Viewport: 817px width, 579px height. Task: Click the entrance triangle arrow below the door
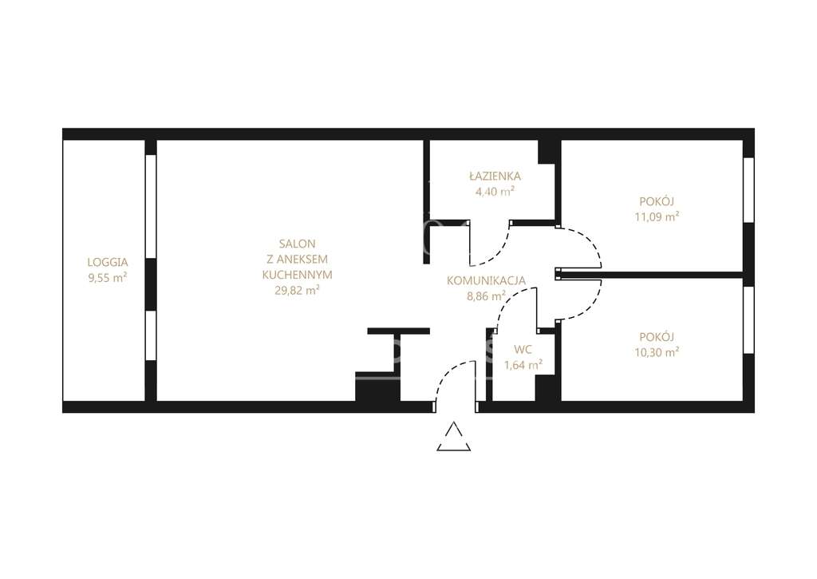[454, 436]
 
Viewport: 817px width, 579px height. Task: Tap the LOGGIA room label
[108, 263]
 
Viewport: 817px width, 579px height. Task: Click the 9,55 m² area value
[108, 277]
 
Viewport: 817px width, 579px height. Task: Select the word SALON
[297, 244]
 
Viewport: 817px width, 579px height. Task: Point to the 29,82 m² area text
[297, 291]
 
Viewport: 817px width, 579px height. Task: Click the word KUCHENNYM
[297, 275]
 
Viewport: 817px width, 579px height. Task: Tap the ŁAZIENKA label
[495, 176]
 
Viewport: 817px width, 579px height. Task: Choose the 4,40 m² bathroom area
[495, 192]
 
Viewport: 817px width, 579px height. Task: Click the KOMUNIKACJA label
[486, 280]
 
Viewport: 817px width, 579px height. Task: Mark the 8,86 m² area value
[486, 296]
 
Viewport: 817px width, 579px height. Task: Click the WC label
[523, 350]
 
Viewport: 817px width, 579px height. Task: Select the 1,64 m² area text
[523, 365]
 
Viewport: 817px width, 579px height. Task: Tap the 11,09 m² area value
[657, 217]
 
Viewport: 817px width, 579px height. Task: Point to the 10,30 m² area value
[657, 353]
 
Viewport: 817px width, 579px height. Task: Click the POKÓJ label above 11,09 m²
[657, 201]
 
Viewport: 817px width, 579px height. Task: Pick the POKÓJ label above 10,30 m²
[657, 337]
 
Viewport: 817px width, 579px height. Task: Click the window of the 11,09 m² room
[748, 190]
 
